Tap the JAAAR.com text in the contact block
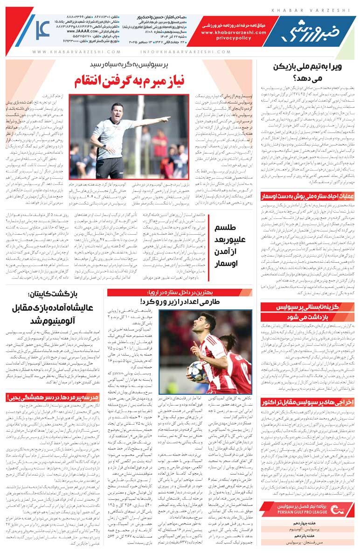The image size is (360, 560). [93, 31]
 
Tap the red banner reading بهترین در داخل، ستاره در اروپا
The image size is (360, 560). [180, 293]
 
